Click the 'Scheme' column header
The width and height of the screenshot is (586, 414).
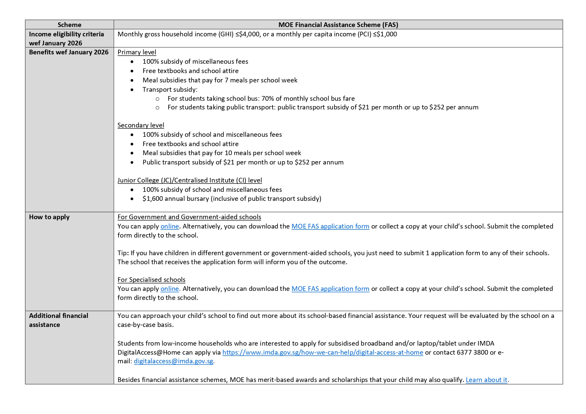(x=69, y=25)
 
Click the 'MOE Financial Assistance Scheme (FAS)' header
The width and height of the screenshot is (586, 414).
(x=338, y=25)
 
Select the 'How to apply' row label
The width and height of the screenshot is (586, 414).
(x=49, y=217)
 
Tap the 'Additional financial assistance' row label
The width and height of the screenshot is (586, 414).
(x=58, y=320)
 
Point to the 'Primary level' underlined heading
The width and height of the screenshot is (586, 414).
(x=137, y=52)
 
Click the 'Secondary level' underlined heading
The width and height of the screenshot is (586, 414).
(x=141, y=125)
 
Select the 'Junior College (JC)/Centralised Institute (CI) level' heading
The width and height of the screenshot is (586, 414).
(x=189, y=180)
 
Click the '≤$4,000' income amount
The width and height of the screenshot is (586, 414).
(x=247, y=34)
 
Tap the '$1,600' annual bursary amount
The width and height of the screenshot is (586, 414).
(x=153, y=199)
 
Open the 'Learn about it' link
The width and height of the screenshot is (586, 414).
(x=486, y=380)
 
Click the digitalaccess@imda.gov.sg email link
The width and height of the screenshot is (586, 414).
(x=173, y=361)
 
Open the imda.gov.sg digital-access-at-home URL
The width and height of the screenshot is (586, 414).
(x=323, y=353)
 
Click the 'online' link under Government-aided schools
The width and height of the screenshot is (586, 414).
(x=170, y=227)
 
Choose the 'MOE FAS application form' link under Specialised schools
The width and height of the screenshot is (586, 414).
(x=330, y=289)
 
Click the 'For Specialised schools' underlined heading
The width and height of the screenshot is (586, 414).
(x=151, y=280)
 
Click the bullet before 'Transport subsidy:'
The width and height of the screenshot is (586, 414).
(x=132, y=90)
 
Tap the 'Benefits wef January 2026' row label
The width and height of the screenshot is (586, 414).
(x=69, y=52)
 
